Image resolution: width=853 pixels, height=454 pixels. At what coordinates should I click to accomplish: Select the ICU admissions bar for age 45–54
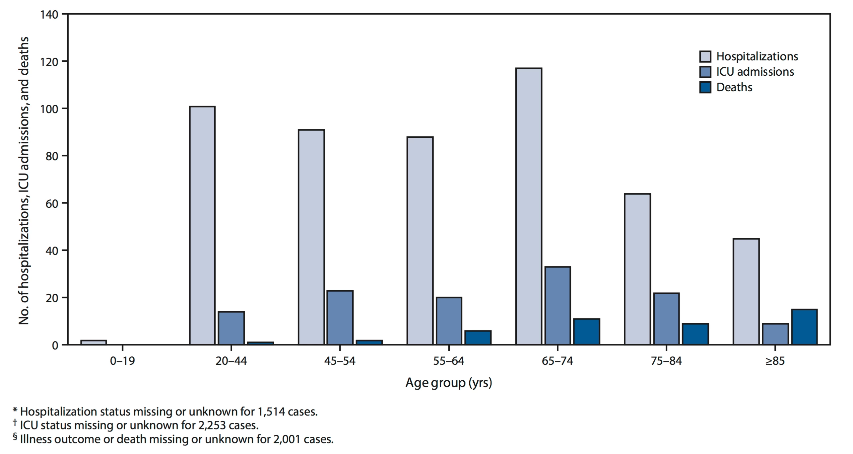[340, 318]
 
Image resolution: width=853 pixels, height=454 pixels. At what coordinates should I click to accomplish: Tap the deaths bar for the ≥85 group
[804, 327]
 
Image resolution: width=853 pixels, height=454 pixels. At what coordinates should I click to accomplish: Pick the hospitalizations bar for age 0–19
[94, 342]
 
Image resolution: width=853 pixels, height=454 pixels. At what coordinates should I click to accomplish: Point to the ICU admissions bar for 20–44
[231, 328]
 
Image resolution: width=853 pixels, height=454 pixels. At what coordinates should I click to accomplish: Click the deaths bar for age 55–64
[478, 338]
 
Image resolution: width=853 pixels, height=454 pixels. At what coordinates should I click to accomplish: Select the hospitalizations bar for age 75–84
[637, 269]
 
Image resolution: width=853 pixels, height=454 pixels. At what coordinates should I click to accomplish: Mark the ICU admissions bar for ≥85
[775, 334]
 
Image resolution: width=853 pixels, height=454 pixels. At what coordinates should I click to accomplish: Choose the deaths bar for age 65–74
[587, 332]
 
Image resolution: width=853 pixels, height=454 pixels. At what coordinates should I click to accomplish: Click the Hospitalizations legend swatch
[705, 56]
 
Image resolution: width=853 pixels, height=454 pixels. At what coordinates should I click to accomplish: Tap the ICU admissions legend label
[755, 72]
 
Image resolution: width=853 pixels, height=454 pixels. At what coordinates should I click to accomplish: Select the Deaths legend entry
[734, 88]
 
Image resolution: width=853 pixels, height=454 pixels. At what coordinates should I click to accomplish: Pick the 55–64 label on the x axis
[448, 361]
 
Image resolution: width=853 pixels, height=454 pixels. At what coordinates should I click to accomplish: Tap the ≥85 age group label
[775, 361]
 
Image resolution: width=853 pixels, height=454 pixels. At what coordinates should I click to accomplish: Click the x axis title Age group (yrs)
[448, 383]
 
